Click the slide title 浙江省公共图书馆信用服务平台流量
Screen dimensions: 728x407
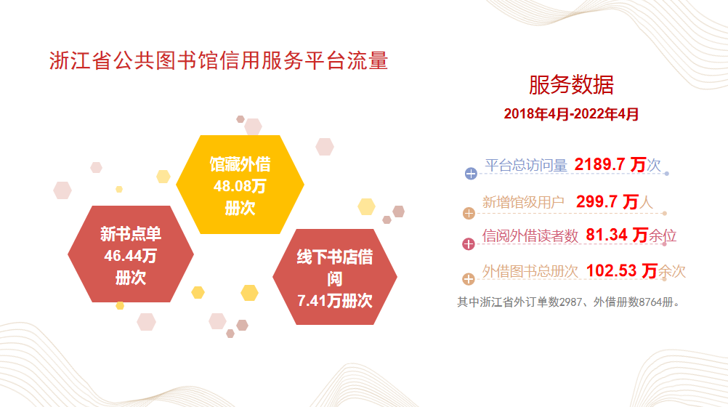click(x=219, y=61)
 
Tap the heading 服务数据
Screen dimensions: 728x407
click(x=571, y=85)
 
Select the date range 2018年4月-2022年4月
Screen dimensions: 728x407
click(x=571, y=114)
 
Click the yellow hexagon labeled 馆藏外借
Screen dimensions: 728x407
click(x=240, y=185)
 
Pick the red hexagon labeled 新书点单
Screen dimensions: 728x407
click(x=131, y=254)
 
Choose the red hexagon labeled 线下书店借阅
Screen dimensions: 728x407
click(x=335, y=277)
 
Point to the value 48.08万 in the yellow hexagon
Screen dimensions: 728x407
click(x=240, y=186)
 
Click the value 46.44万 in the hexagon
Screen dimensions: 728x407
click(x=131, y=256)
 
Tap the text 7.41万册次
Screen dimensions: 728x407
click(x=335, y=301)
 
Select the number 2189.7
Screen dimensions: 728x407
click(x=599, y=164)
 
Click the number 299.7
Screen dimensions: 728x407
click(x=596, y=201)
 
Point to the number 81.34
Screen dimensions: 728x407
click(x=607, y=235)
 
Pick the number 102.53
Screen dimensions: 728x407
click(x=611, y=270)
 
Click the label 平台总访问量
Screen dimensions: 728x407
click(x=526, y=166)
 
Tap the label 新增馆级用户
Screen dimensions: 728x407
click(x=523, y=203)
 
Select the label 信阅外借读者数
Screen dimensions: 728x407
click(x=530, y=236)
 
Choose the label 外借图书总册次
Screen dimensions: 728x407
click(x=530, y=271)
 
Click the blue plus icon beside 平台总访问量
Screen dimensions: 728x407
click(x=471, y=174)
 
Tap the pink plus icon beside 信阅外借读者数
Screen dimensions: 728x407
click(x=469, y=244)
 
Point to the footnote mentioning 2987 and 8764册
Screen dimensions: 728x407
click(x=569, y=302)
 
